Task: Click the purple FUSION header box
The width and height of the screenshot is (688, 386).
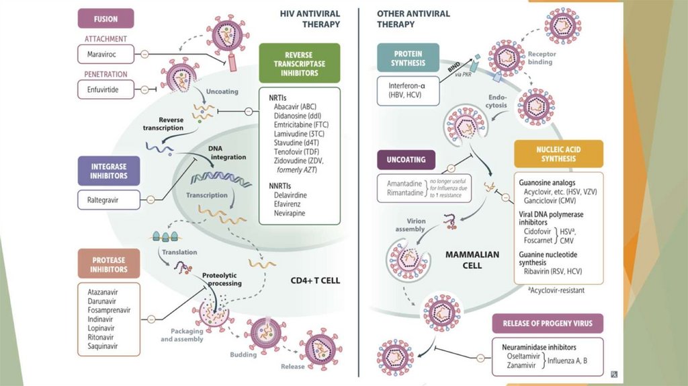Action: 105,18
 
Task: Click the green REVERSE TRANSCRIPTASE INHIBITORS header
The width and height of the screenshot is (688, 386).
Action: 301,63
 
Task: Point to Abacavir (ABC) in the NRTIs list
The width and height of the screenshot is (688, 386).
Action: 295,106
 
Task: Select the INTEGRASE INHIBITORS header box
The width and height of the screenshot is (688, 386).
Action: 108,171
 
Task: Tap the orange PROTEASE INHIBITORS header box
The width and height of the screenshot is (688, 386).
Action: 108,264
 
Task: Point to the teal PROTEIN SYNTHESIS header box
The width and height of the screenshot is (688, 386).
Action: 408,59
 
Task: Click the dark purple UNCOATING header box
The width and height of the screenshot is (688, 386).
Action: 406,161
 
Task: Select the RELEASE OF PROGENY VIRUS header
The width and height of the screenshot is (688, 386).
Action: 548,323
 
